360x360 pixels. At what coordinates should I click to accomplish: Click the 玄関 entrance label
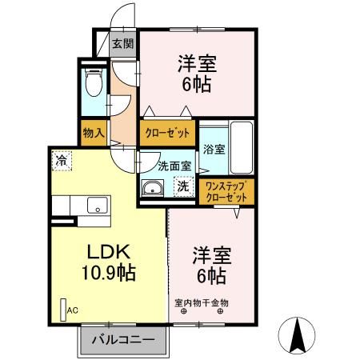pos(122,44)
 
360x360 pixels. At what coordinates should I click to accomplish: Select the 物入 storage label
pos(94,132)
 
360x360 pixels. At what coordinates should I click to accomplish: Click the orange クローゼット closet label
pos(167,133)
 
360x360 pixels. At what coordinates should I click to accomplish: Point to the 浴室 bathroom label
pos(213,148)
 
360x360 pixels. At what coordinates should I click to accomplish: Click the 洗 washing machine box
pos(183,187)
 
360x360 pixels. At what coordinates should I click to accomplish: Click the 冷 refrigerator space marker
pos(61,159)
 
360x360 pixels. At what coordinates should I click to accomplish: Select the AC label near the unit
pos(73,310)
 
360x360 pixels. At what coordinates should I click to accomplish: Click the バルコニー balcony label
pos(122,340)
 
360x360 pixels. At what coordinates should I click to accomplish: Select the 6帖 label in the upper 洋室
pos(196,84)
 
